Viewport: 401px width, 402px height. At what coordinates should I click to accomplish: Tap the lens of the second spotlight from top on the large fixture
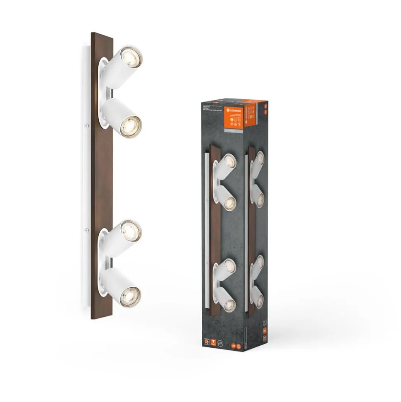pyautogui.click(x=130, y=125)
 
